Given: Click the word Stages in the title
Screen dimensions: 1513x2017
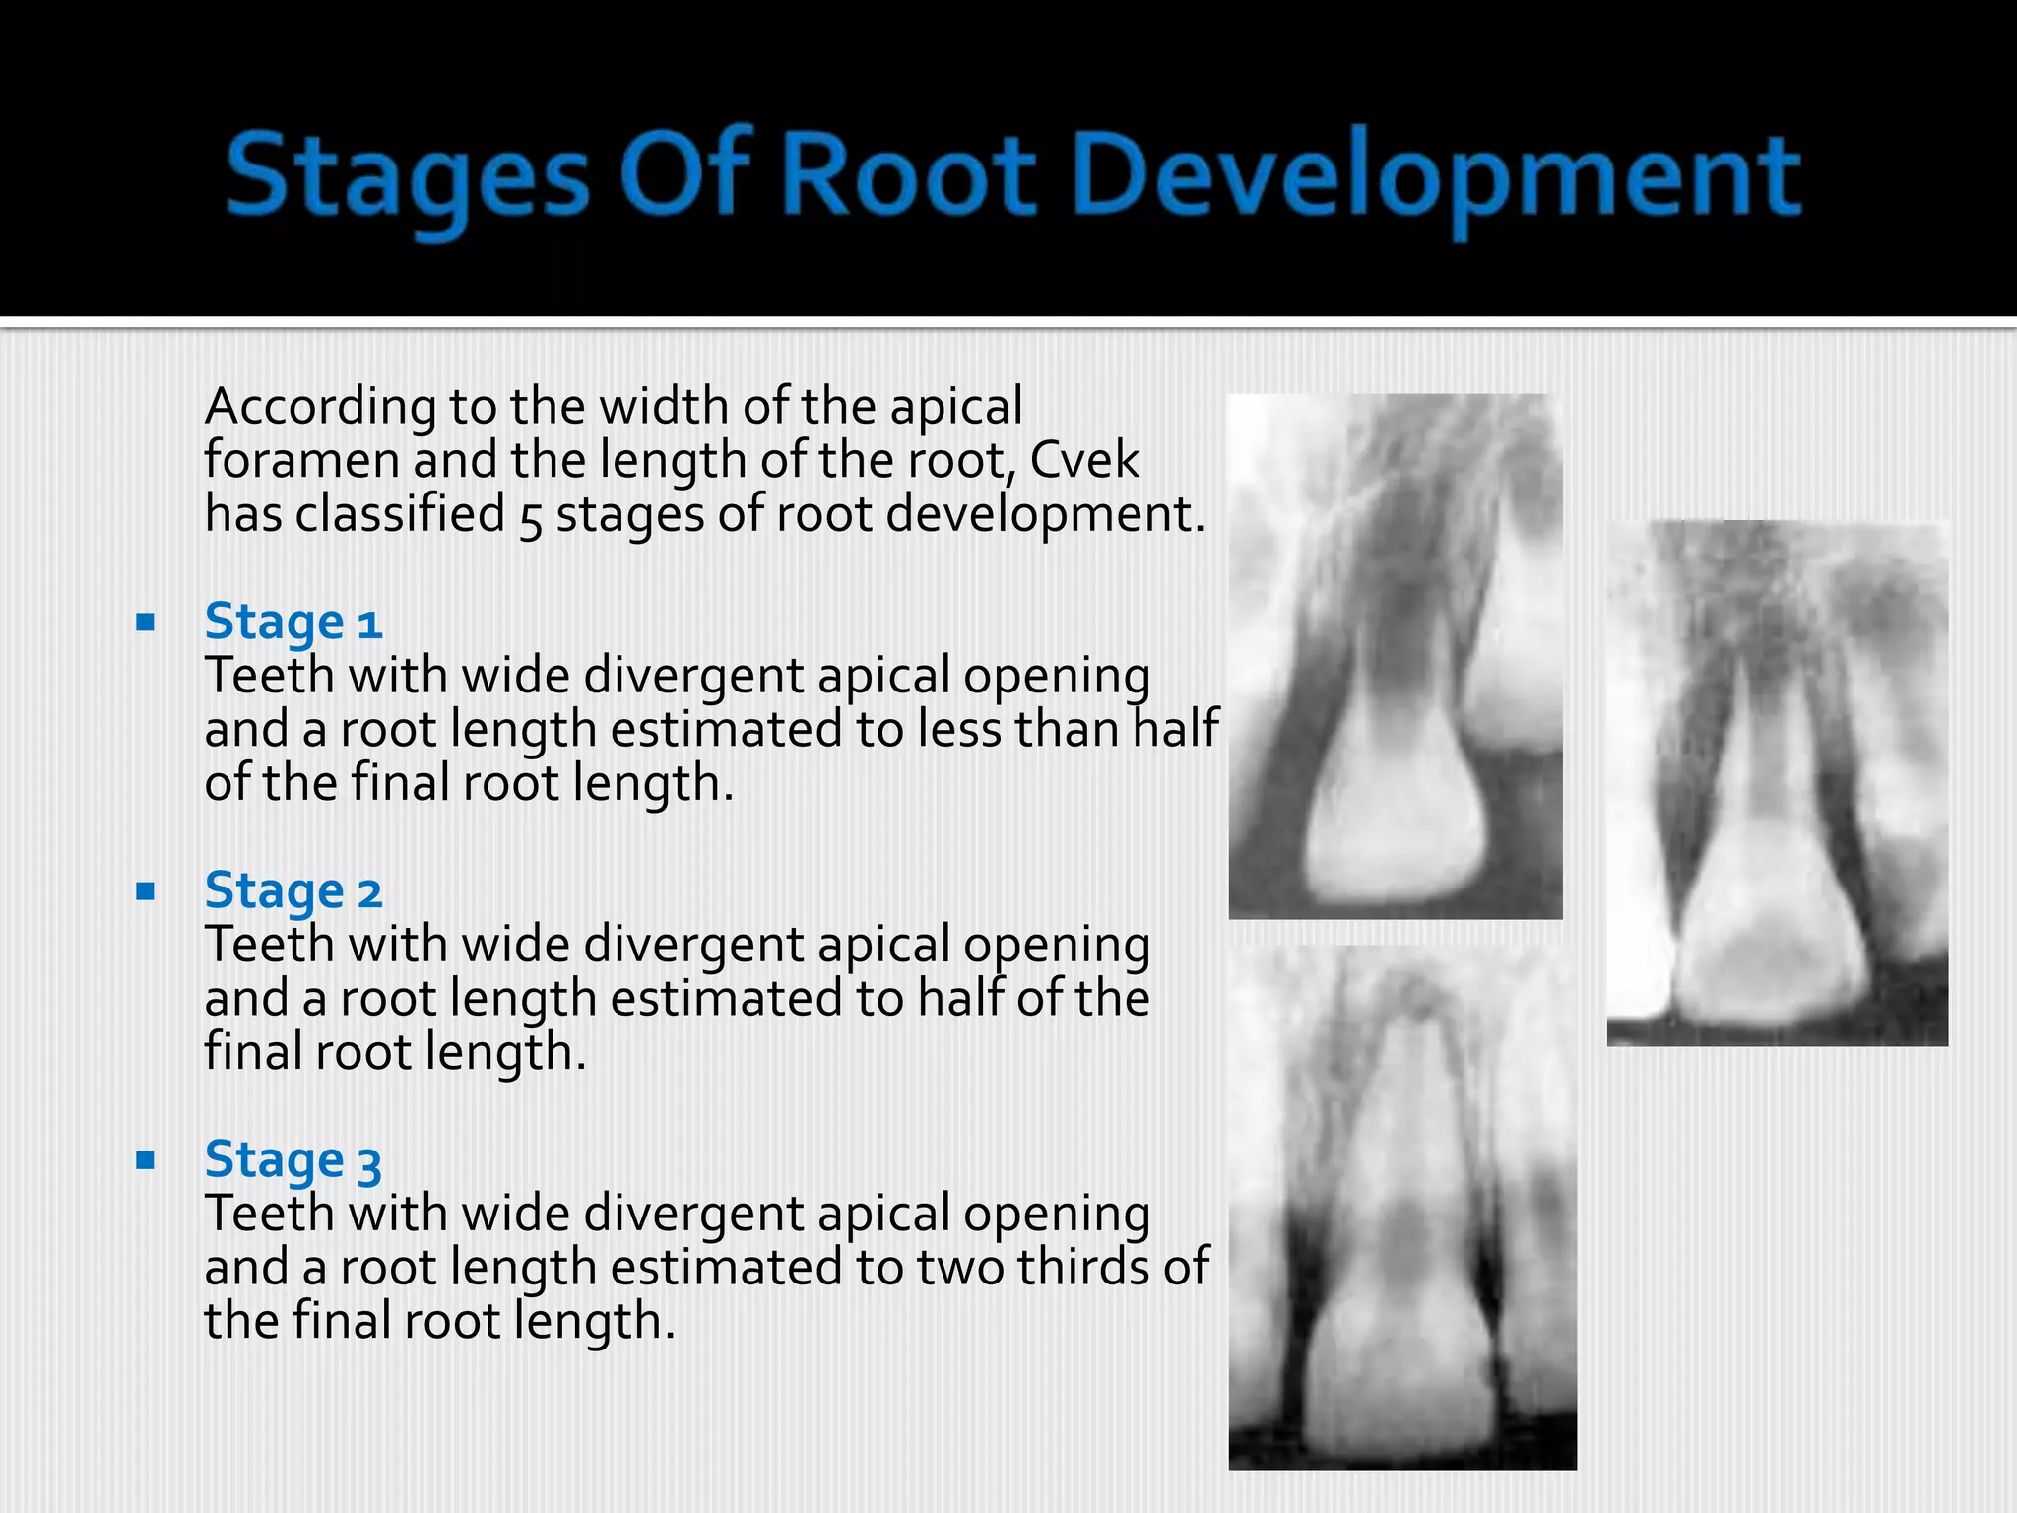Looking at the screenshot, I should (407, 177).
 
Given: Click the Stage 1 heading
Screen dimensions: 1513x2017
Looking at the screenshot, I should (293, 622).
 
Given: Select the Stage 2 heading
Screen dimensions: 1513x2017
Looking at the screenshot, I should (293, 890).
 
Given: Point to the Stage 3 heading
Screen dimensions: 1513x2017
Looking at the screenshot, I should (293, 1159).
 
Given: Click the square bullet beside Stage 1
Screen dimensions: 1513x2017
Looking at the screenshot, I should (146, 623).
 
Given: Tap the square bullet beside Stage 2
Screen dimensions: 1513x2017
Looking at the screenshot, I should (146, 891).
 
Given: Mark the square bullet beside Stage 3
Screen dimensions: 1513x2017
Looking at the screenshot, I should (146, 1160).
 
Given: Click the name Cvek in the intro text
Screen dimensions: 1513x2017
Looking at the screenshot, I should (1083, 460).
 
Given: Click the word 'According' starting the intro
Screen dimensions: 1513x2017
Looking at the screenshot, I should (319, 407).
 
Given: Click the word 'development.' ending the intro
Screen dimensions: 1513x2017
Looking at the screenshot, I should (1045, 514).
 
